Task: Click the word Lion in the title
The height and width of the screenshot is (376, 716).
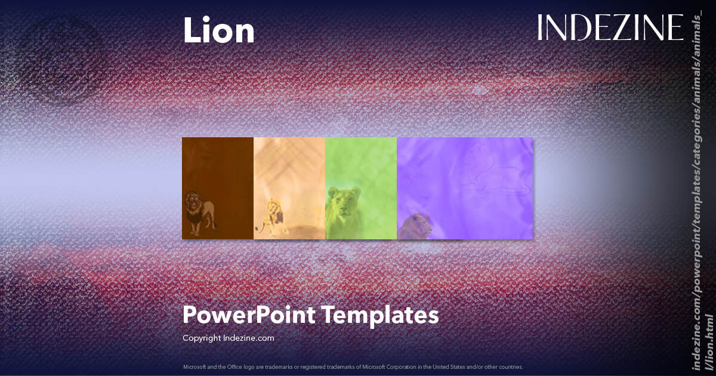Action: pos(218,31)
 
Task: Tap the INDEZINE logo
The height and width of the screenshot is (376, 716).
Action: pos(610,28)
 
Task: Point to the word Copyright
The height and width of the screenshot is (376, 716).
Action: pos(202,338)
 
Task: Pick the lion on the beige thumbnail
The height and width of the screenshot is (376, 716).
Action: pos(271,215)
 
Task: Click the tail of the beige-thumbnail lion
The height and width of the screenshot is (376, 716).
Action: pos(260,227)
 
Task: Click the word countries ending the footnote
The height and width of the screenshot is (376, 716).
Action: pos(511,366)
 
